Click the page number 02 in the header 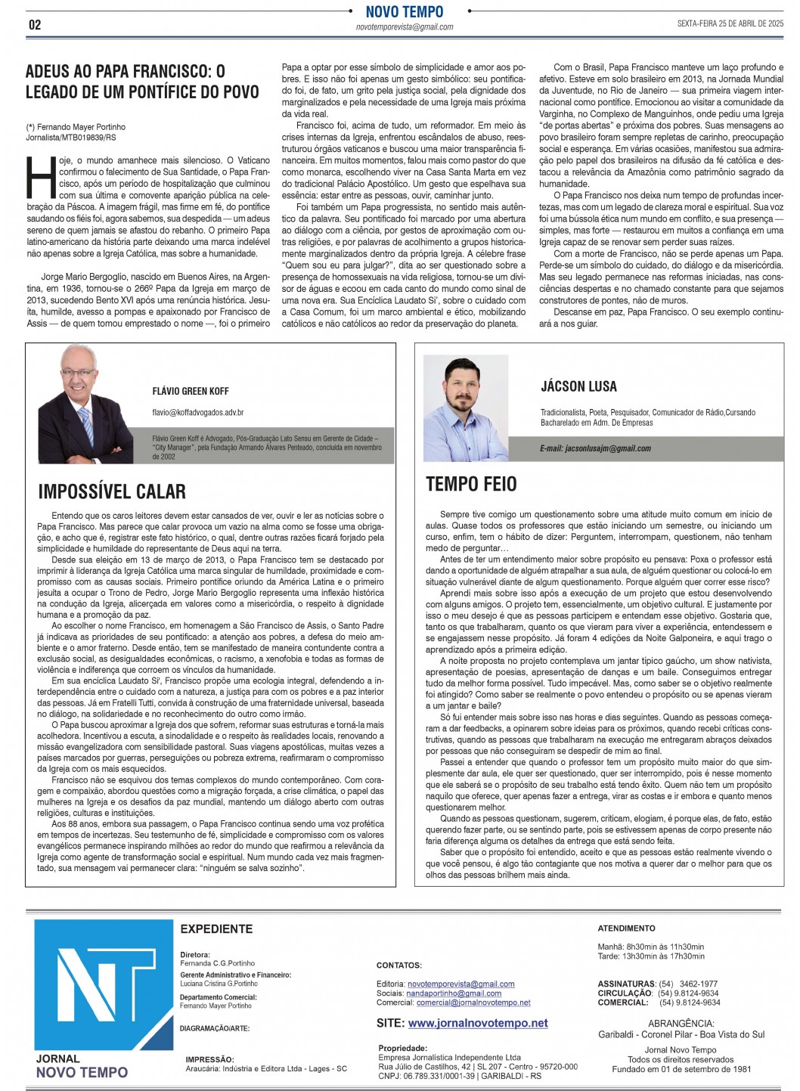(x=35, y=24)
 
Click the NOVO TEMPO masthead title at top (x=405, y=11)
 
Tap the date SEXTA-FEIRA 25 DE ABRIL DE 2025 (x=730, y=24)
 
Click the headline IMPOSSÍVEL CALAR (x=112, y=491)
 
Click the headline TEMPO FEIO (x=471, y=484)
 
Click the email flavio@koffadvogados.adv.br (x=197, y=413)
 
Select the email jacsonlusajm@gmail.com (x=595, y=448)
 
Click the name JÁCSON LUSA (x=578, y=386)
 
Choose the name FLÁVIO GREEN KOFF (x=191, y=391)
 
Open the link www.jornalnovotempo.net (x=478, y=1023)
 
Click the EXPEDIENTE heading (x=216, y=928)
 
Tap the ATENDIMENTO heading (x=626, y=928)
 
